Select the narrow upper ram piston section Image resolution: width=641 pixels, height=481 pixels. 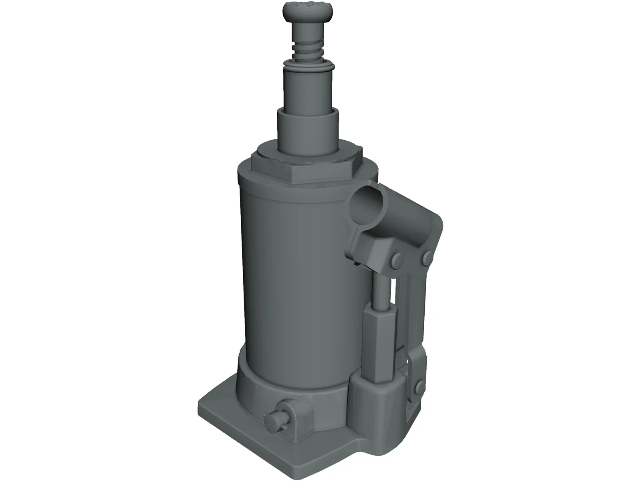308,88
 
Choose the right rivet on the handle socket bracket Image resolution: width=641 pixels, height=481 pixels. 426,259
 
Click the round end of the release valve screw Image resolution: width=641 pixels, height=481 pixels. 270,421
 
